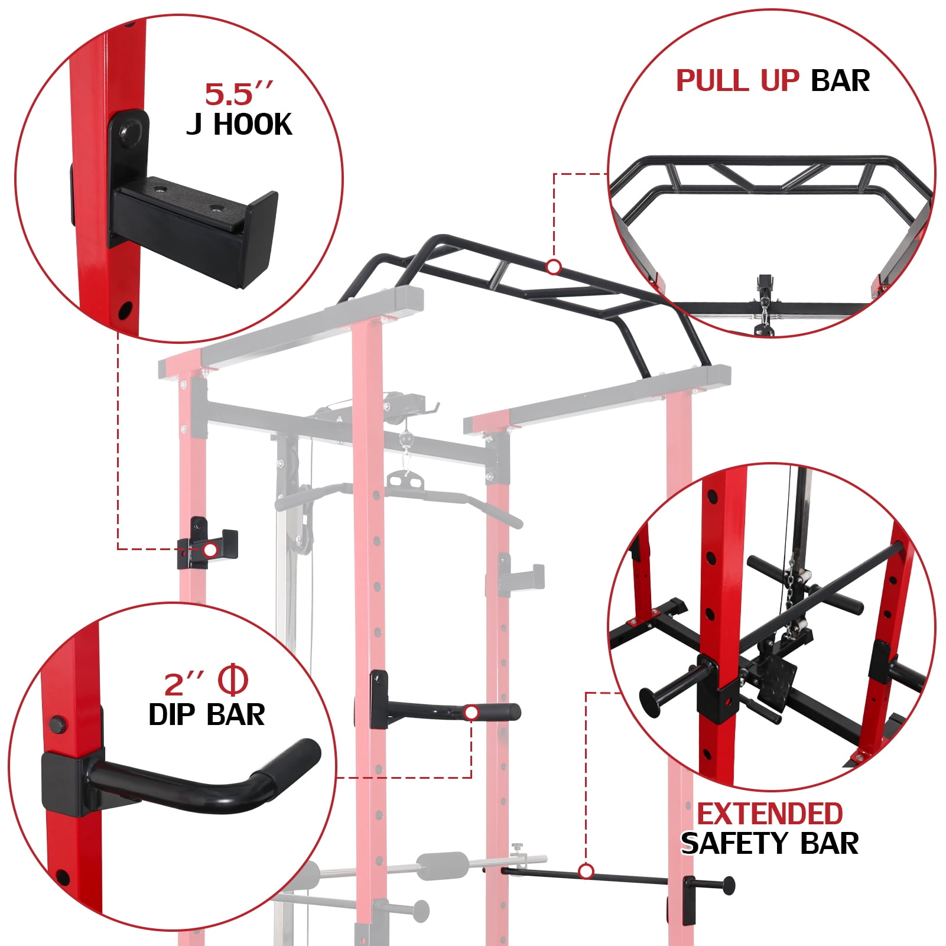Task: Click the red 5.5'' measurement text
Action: tap(239, 94)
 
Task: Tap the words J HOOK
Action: tap(239, 125)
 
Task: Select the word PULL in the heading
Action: tap(714, 81)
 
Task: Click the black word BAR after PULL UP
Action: tap(840, 81)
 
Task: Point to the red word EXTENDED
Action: tap(770, 814)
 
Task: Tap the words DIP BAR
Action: tap(206, 715)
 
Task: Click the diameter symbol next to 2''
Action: tap(233, 681)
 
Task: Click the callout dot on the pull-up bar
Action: tap(554, 268)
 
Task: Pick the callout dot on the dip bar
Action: tap(471, 713)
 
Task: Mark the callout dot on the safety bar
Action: tap(586, 872)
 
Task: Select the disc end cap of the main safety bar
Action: tap(729, 885)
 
